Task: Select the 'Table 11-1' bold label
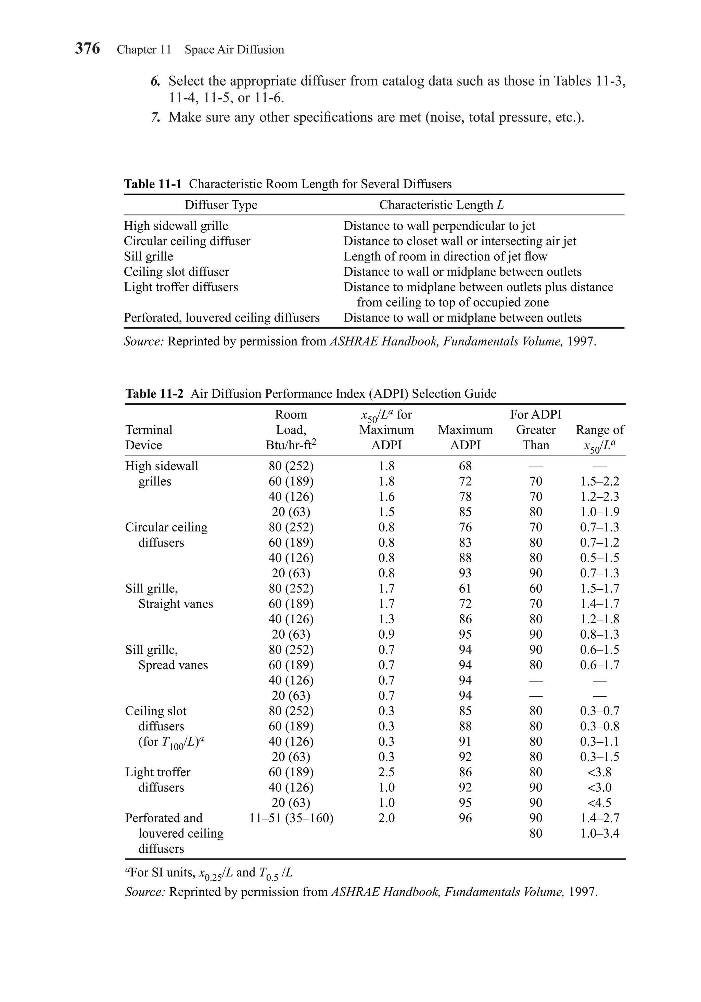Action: pyautogui.click(x=153, y=184)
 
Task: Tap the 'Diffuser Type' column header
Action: pyautogui.click(x=221, y=205)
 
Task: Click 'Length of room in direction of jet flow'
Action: pyautogui.click(x=445, y=256)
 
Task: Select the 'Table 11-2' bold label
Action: pyautogui.click(x=154, y=394)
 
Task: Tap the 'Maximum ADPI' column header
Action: pyautogui.click(x=465, y=437)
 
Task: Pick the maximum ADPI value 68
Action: pyautogui.click(x=465, y=466)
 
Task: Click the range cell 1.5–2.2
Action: pyautogui.click(x=599, y=481)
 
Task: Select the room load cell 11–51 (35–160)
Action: pyautogui.click(x=291, y=818)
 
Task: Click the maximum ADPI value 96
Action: pyautogui.click(x=465, y=818)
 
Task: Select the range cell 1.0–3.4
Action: pyautogui.click(x=599, y=833)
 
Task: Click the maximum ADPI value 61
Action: pyautogui.click(x=465, y=589)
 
